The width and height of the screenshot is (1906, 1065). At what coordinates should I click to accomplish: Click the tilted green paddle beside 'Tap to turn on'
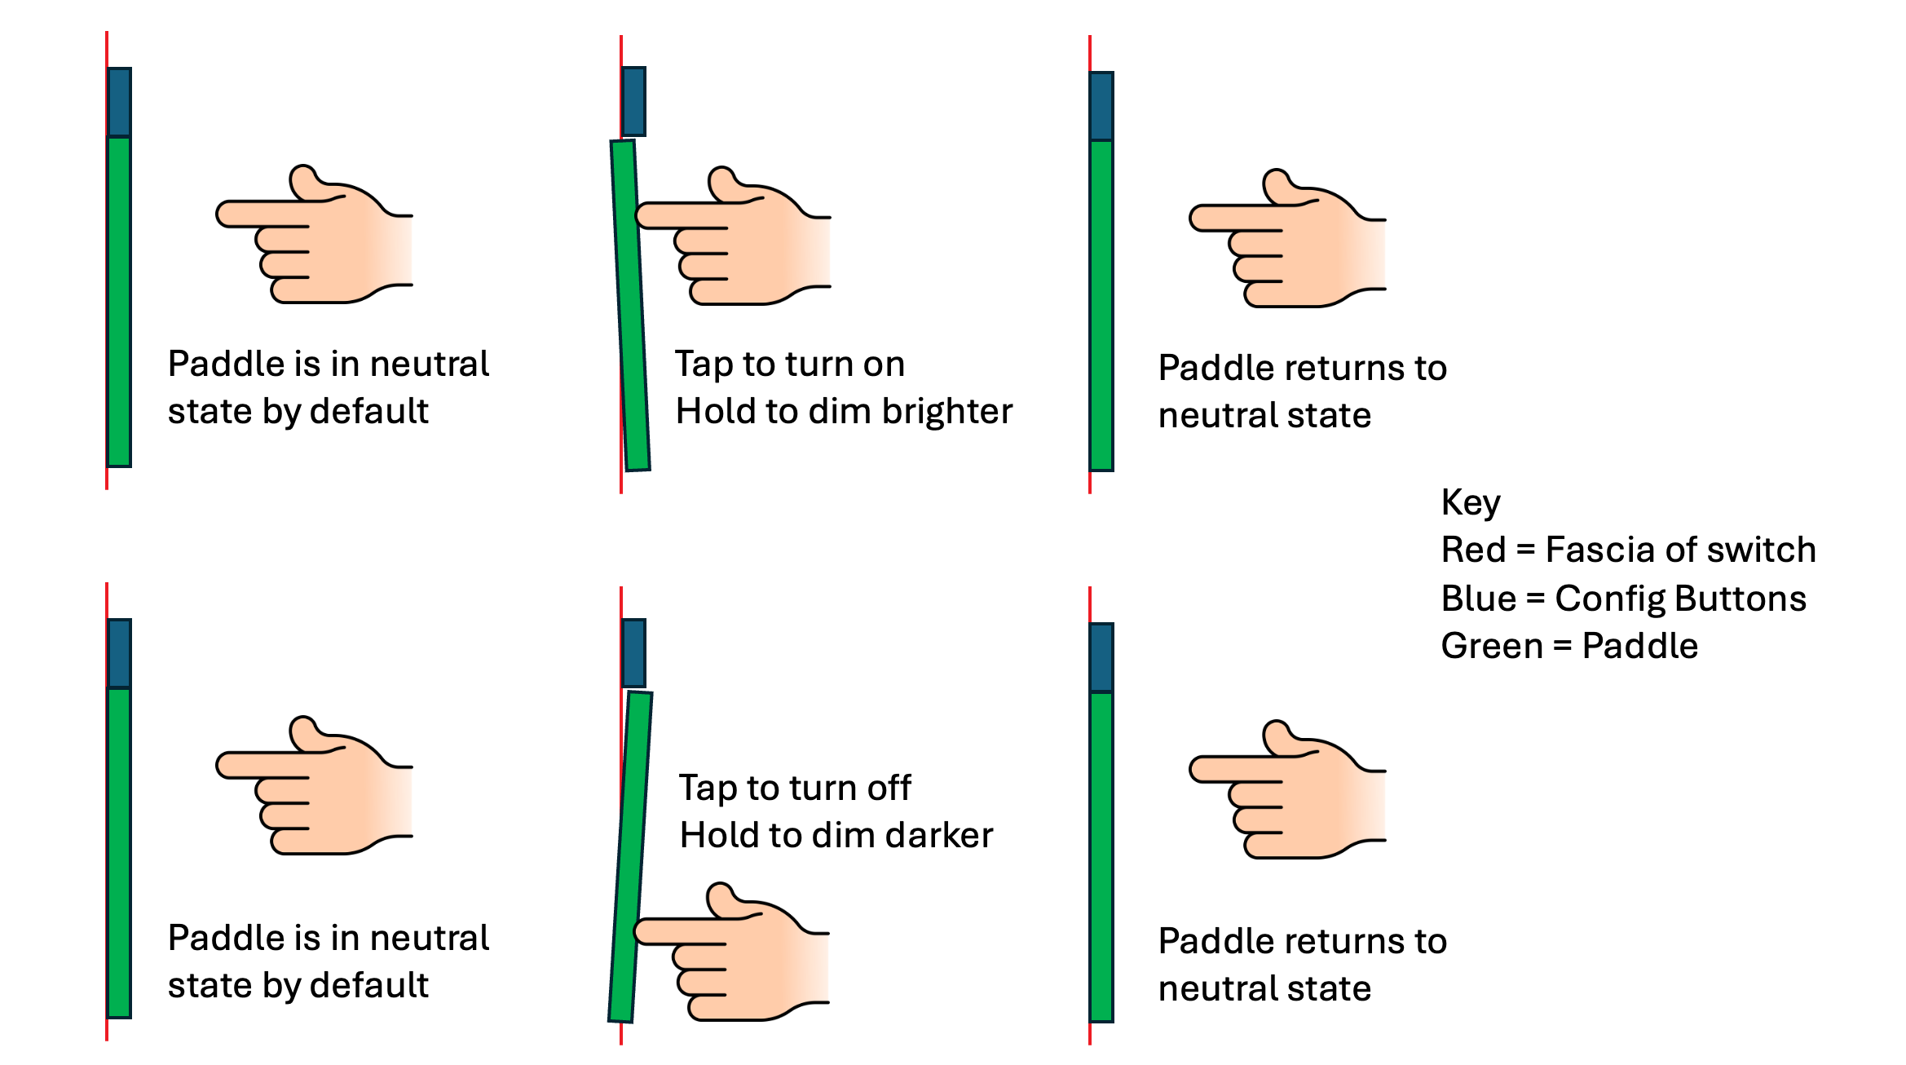pos(630,306)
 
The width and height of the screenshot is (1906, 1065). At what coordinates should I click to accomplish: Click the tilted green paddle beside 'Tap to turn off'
pos(630,856)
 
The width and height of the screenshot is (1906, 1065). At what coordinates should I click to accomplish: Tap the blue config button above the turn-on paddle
pos(633,102)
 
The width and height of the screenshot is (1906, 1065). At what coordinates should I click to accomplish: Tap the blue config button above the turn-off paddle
pos(633,653)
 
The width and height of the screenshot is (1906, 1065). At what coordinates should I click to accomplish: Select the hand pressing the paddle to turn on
pos(733,236)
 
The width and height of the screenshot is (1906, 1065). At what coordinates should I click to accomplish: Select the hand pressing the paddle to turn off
pos(732,951)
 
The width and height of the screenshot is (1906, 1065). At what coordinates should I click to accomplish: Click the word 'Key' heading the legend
pos(1471,503)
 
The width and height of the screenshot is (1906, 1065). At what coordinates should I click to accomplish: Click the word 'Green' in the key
pos(1492,646)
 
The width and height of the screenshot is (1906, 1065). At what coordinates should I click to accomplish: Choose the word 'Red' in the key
pos(1473,550)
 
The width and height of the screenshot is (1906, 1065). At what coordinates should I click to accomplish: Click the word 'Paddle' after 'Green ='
pos(1640,646)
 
